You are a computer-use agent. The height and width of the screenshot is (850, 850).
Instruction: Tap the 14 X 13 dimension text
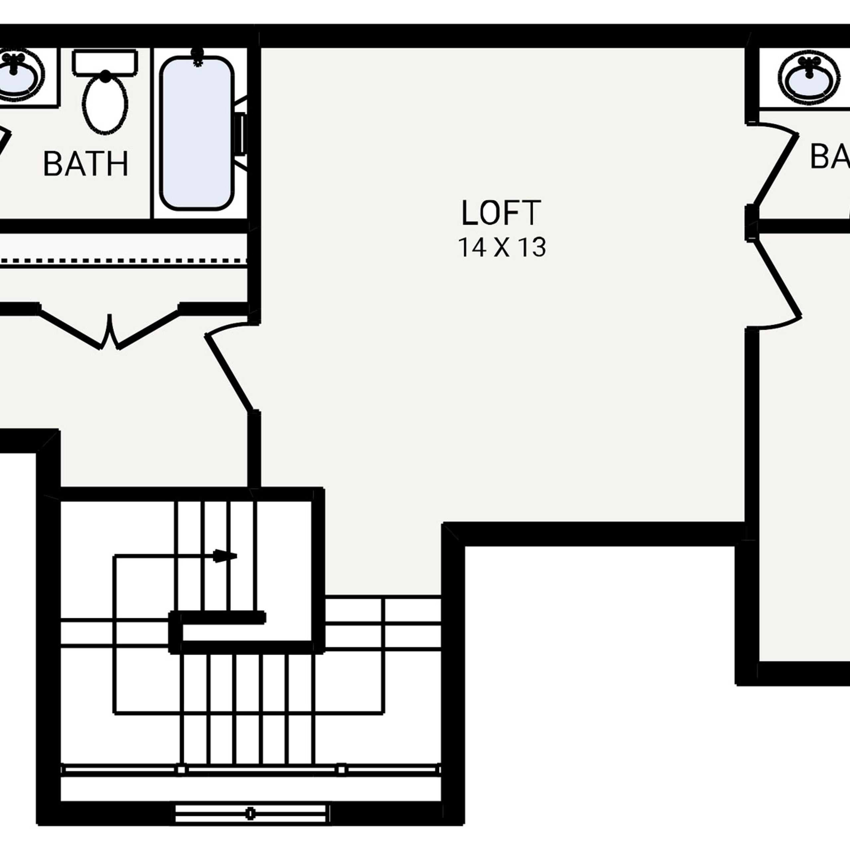click(502, 247)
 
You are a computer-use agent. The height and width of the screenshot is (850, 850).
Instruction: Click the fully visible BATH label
click(86, 164)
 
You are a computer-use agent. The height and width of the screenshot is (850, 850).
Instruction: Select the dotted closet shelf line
click(123, 261)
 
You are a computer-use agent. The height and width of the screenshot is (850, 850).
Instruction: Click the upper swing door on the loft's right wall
click(777, 169)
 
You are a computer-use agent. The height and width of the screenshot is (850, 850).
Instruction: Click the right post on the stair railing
click(341, 770)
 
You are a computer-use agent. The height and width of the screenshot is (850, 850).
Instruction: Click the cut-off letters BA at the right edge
click(829, 157)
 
